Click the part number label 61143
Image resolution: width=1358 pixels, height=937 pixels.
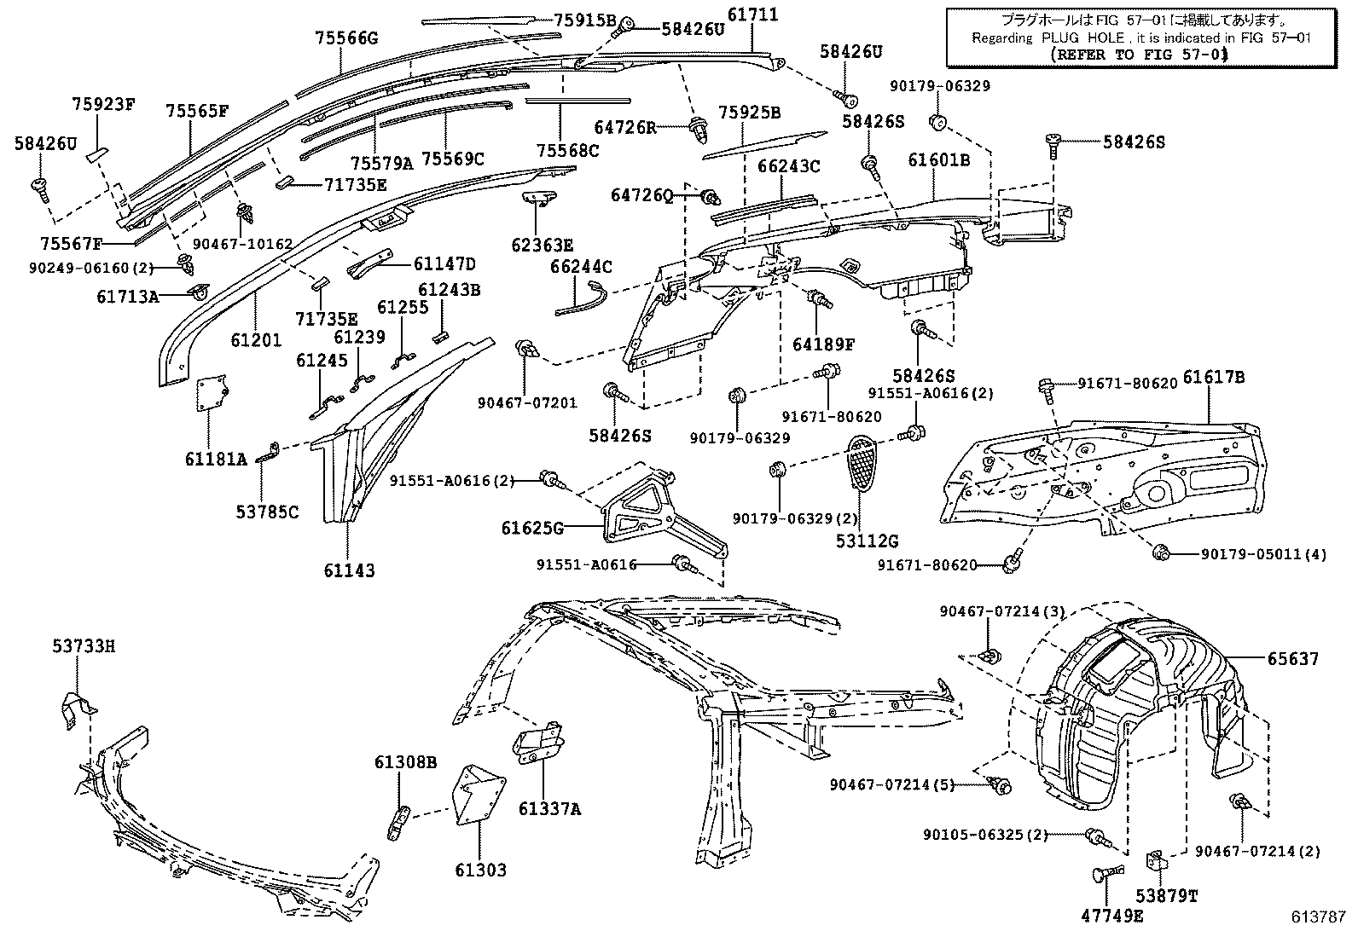pos(349,570)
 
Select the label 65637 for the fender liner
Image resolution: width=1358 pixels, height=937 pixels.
pos(1292,659)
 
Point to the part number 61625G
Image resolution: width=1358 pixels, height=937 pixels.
pos(532,529)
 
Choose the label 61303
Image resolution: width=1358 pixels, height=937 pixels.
pos(480,870)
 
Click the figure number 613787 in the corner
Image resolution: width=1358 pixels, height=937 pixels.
pos(1317,917)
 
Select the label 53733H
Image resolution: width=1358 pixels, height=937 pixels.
pos(82,646)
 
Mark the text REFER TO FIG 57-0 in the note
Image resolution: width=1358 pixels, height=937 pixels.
pos(1138,55)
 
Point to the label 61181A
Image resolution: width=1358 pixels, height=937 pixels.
pos(216,459)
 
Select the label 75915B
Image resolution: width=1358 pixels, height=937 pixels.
pos(584,20)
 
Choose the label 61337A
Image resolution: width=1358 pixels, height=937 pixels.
pos(550,808)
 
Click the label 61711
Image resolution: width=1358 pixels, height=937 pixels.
pos(752,14)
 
